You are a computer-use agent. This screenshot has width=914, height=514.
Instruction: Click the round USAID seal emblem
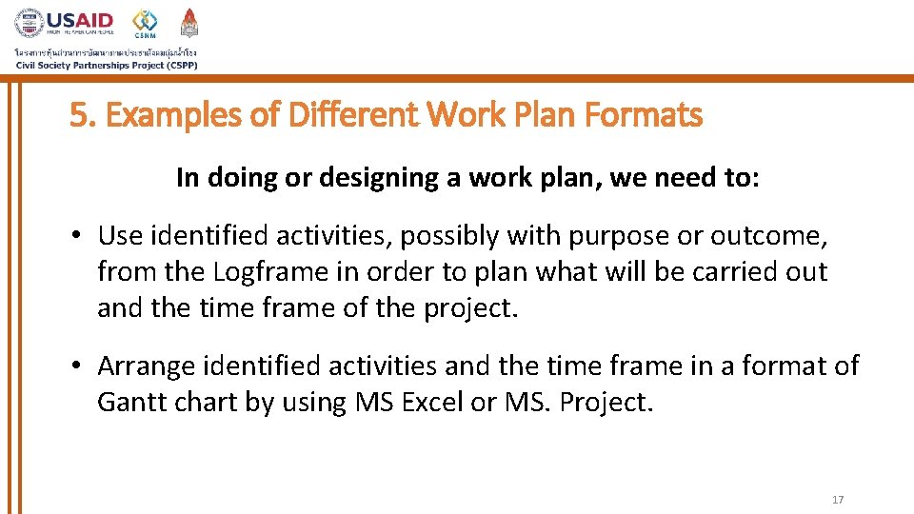point(30,23)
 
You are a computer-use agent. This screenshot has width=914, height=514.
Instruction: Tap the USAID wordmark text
point(80,20)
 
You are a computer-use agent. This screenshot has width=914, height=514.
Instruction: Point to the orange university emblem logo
point(189,22)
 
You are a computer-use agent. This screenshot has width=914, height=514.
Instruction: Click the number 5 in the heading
point(78,116)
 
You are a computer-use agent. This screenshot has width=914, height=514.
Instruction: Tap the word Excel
point(433,402)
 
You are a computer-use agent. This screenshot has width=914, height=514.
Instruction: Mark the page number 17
point(838,500)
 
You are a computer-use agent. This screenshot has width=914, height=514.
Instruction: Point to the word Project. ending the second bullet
point(606,402)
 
